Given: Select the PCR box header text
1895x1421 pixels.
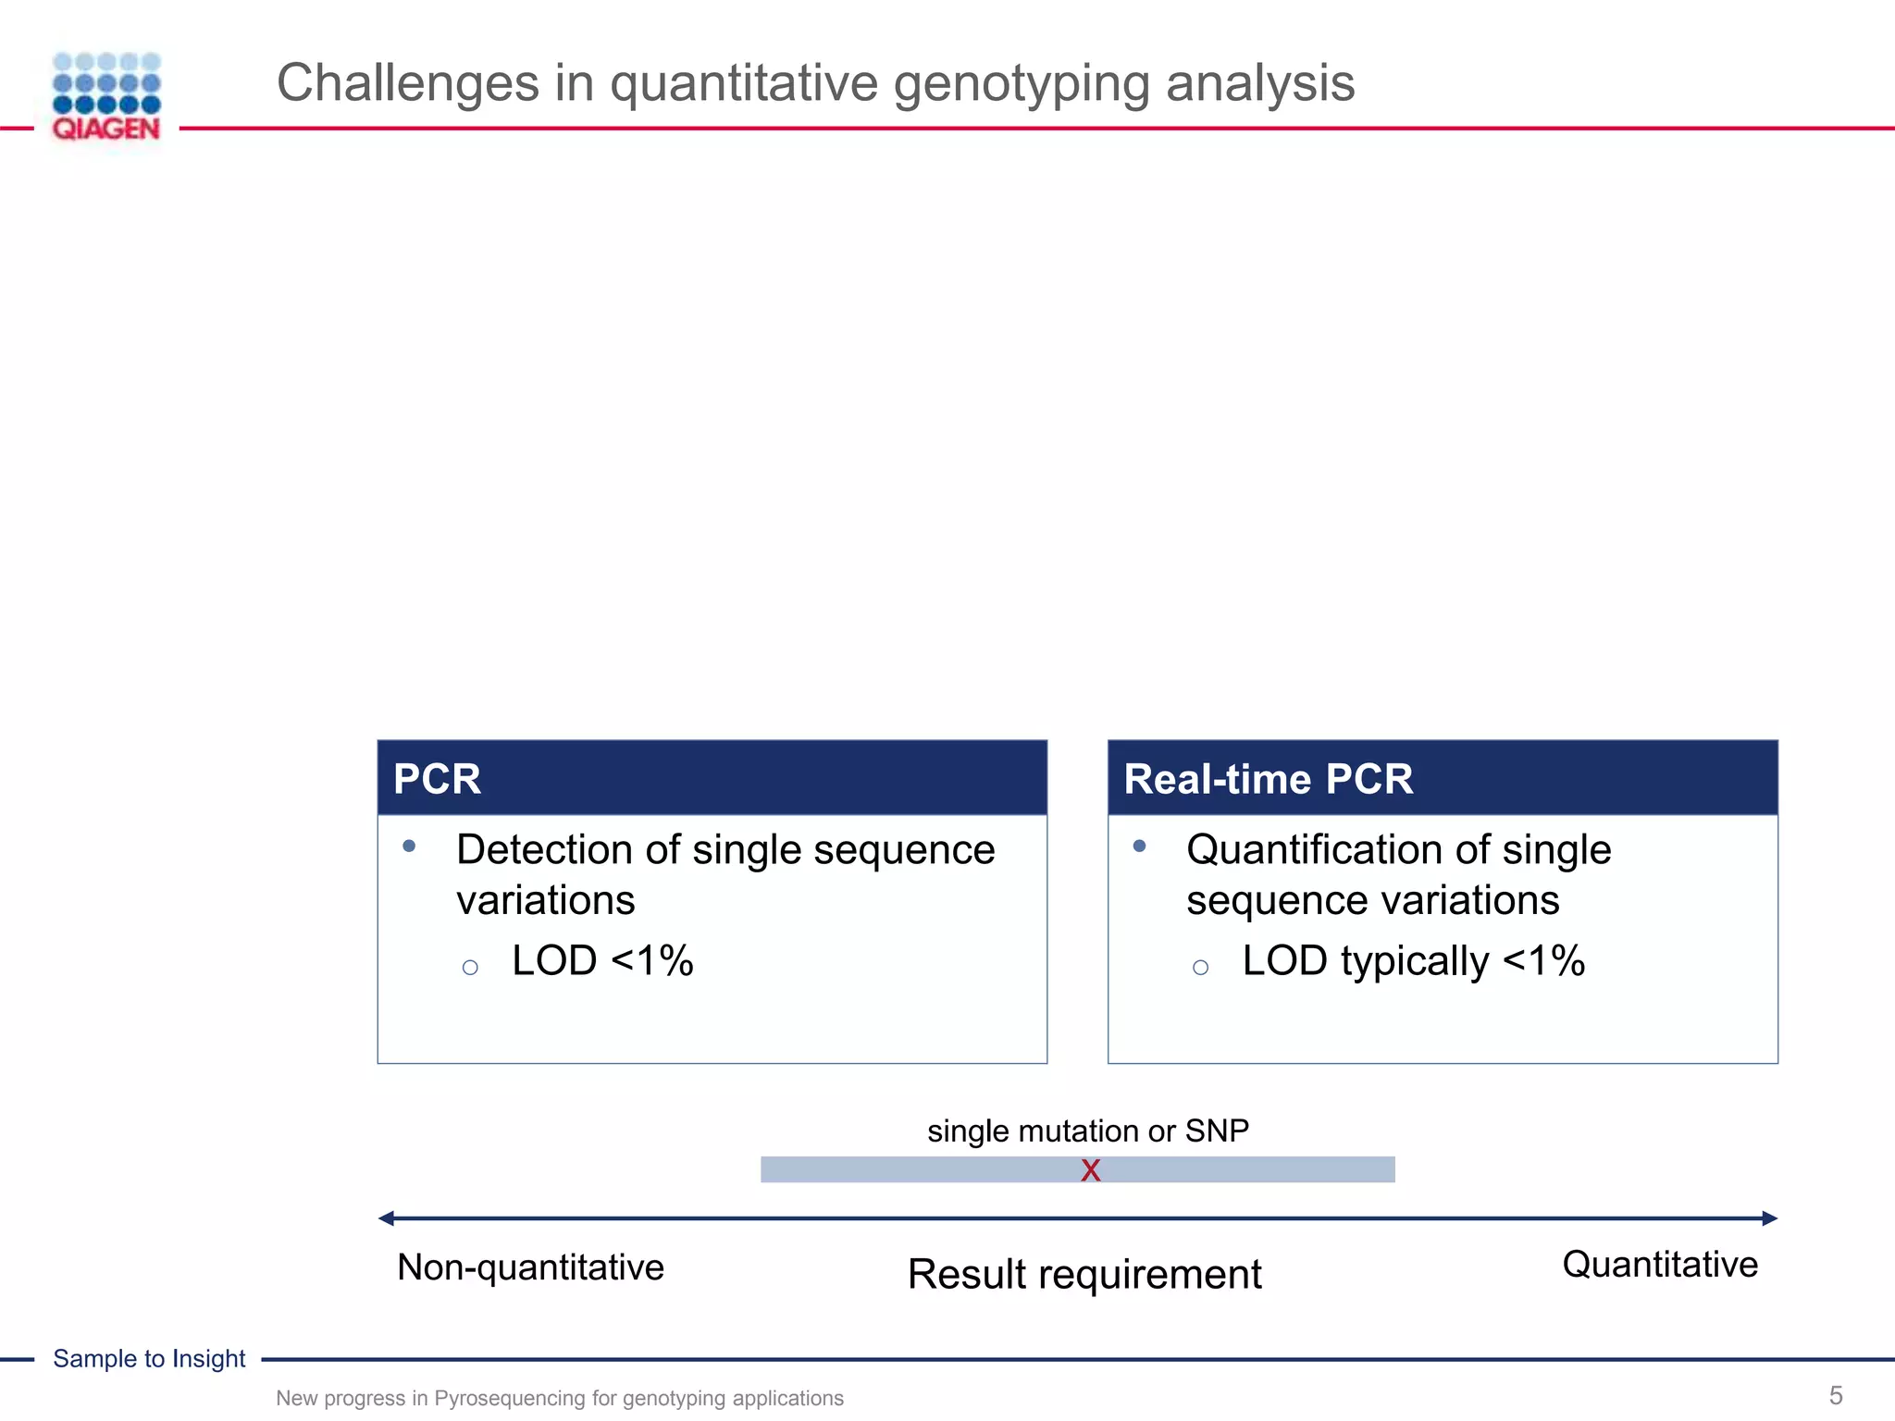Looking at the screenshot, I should (x=437, y=779).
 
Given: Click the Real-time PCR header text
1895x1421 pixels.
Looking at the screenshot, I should (x=1268, y=779).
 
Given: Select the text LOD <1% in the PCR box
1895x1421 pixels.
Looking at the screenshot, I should (x=601, y=960).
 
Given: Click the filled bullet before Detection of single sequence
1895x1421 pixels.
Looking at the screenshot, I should (x=409, y=846).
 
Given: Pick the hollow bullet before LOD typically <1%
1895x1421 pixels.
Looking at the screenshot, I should (x=1200, y=968).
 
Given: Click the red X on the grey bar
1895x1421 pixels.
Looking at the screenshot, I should (x=1091, y=1171).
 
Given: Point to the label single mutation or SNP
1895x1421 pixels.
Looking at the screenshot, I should (x=1088, y=1131).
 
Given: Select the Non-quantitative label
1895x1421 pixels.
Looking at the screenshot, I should (x=530, y=1267).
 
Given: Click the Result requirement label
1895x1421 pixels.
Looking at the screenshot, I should (x=1084, y=1275).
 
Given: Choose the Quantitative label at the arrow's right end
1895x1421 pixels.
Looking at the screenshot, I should (x=1660, y=1265).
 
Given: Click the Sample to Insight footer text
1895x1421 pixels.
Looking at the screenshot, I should (x=149, y=1358).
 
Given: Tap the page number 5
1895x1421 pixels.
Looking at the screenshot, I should (x=1836, y=1395).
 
